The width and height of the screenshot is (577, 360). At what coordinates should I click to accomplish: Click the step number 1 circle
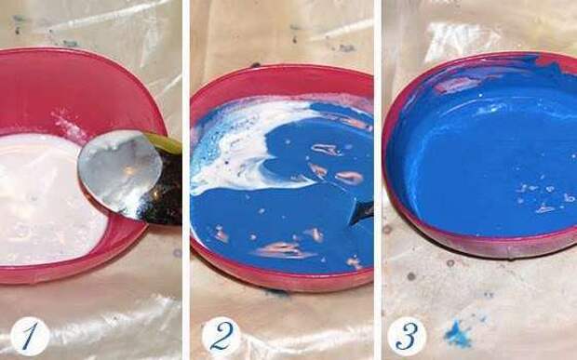(x=30, y=336)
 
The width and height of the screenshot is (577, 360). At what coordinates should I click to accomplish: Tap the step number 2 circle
(x=221, y=336)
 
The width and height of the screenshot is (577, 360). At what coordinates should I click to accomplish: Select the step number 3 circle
(x=407, y=336)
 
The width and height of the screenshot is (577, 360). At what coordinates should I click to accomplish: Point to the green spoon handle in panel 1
(x=164, y=143)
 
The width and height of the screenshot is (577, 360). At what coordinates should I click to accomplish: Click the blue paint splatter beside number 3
(x=458, y=335)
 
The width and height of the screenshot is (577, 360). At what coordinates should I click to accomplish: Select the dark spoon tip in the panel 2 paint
(x=360, y=213)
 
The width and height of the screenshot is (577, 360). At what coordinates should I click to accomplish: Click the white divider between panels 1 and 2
(x=186, y=180)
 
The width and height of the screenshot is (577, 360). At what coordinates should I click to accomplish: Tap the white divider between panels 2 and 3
(x=378, y=180)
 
